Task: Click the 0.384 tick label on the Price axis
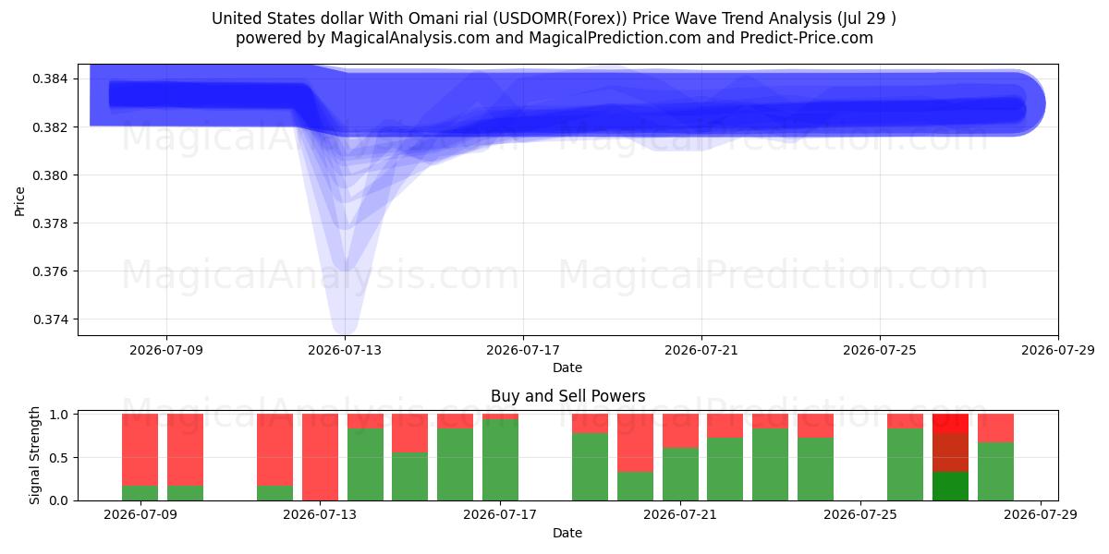[x=50, y=79]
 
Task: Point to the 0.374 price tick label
[x=50, y=319]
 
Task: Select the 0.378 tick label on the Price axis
[x=50, y=223]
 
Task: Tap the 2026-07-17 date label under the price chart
[x=523, y=350]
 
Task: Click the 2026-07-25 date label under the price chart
[x=880, y=350]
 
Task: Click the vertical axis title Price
[x=19, y=201]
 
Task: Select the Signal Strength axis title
[x=34, y=455]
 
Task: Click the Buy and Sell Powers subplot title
[x=567, y=396]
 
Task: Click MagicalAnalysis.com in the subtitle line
[x=410, y=38]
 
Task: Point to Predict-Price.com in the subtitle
[x=807, y=38]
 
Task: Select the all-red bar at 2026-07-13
[x=321, y=457]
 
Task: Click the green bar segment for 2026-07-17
[x=501, y=460]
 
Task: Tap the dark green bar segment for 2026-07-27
[x=951, y=487]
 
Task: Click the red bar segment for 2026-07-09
[x=140, y=451]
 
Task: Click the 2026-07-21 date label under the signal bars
[x=680, y=514]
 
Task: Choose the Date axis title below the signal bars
[x=567, y=533]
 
